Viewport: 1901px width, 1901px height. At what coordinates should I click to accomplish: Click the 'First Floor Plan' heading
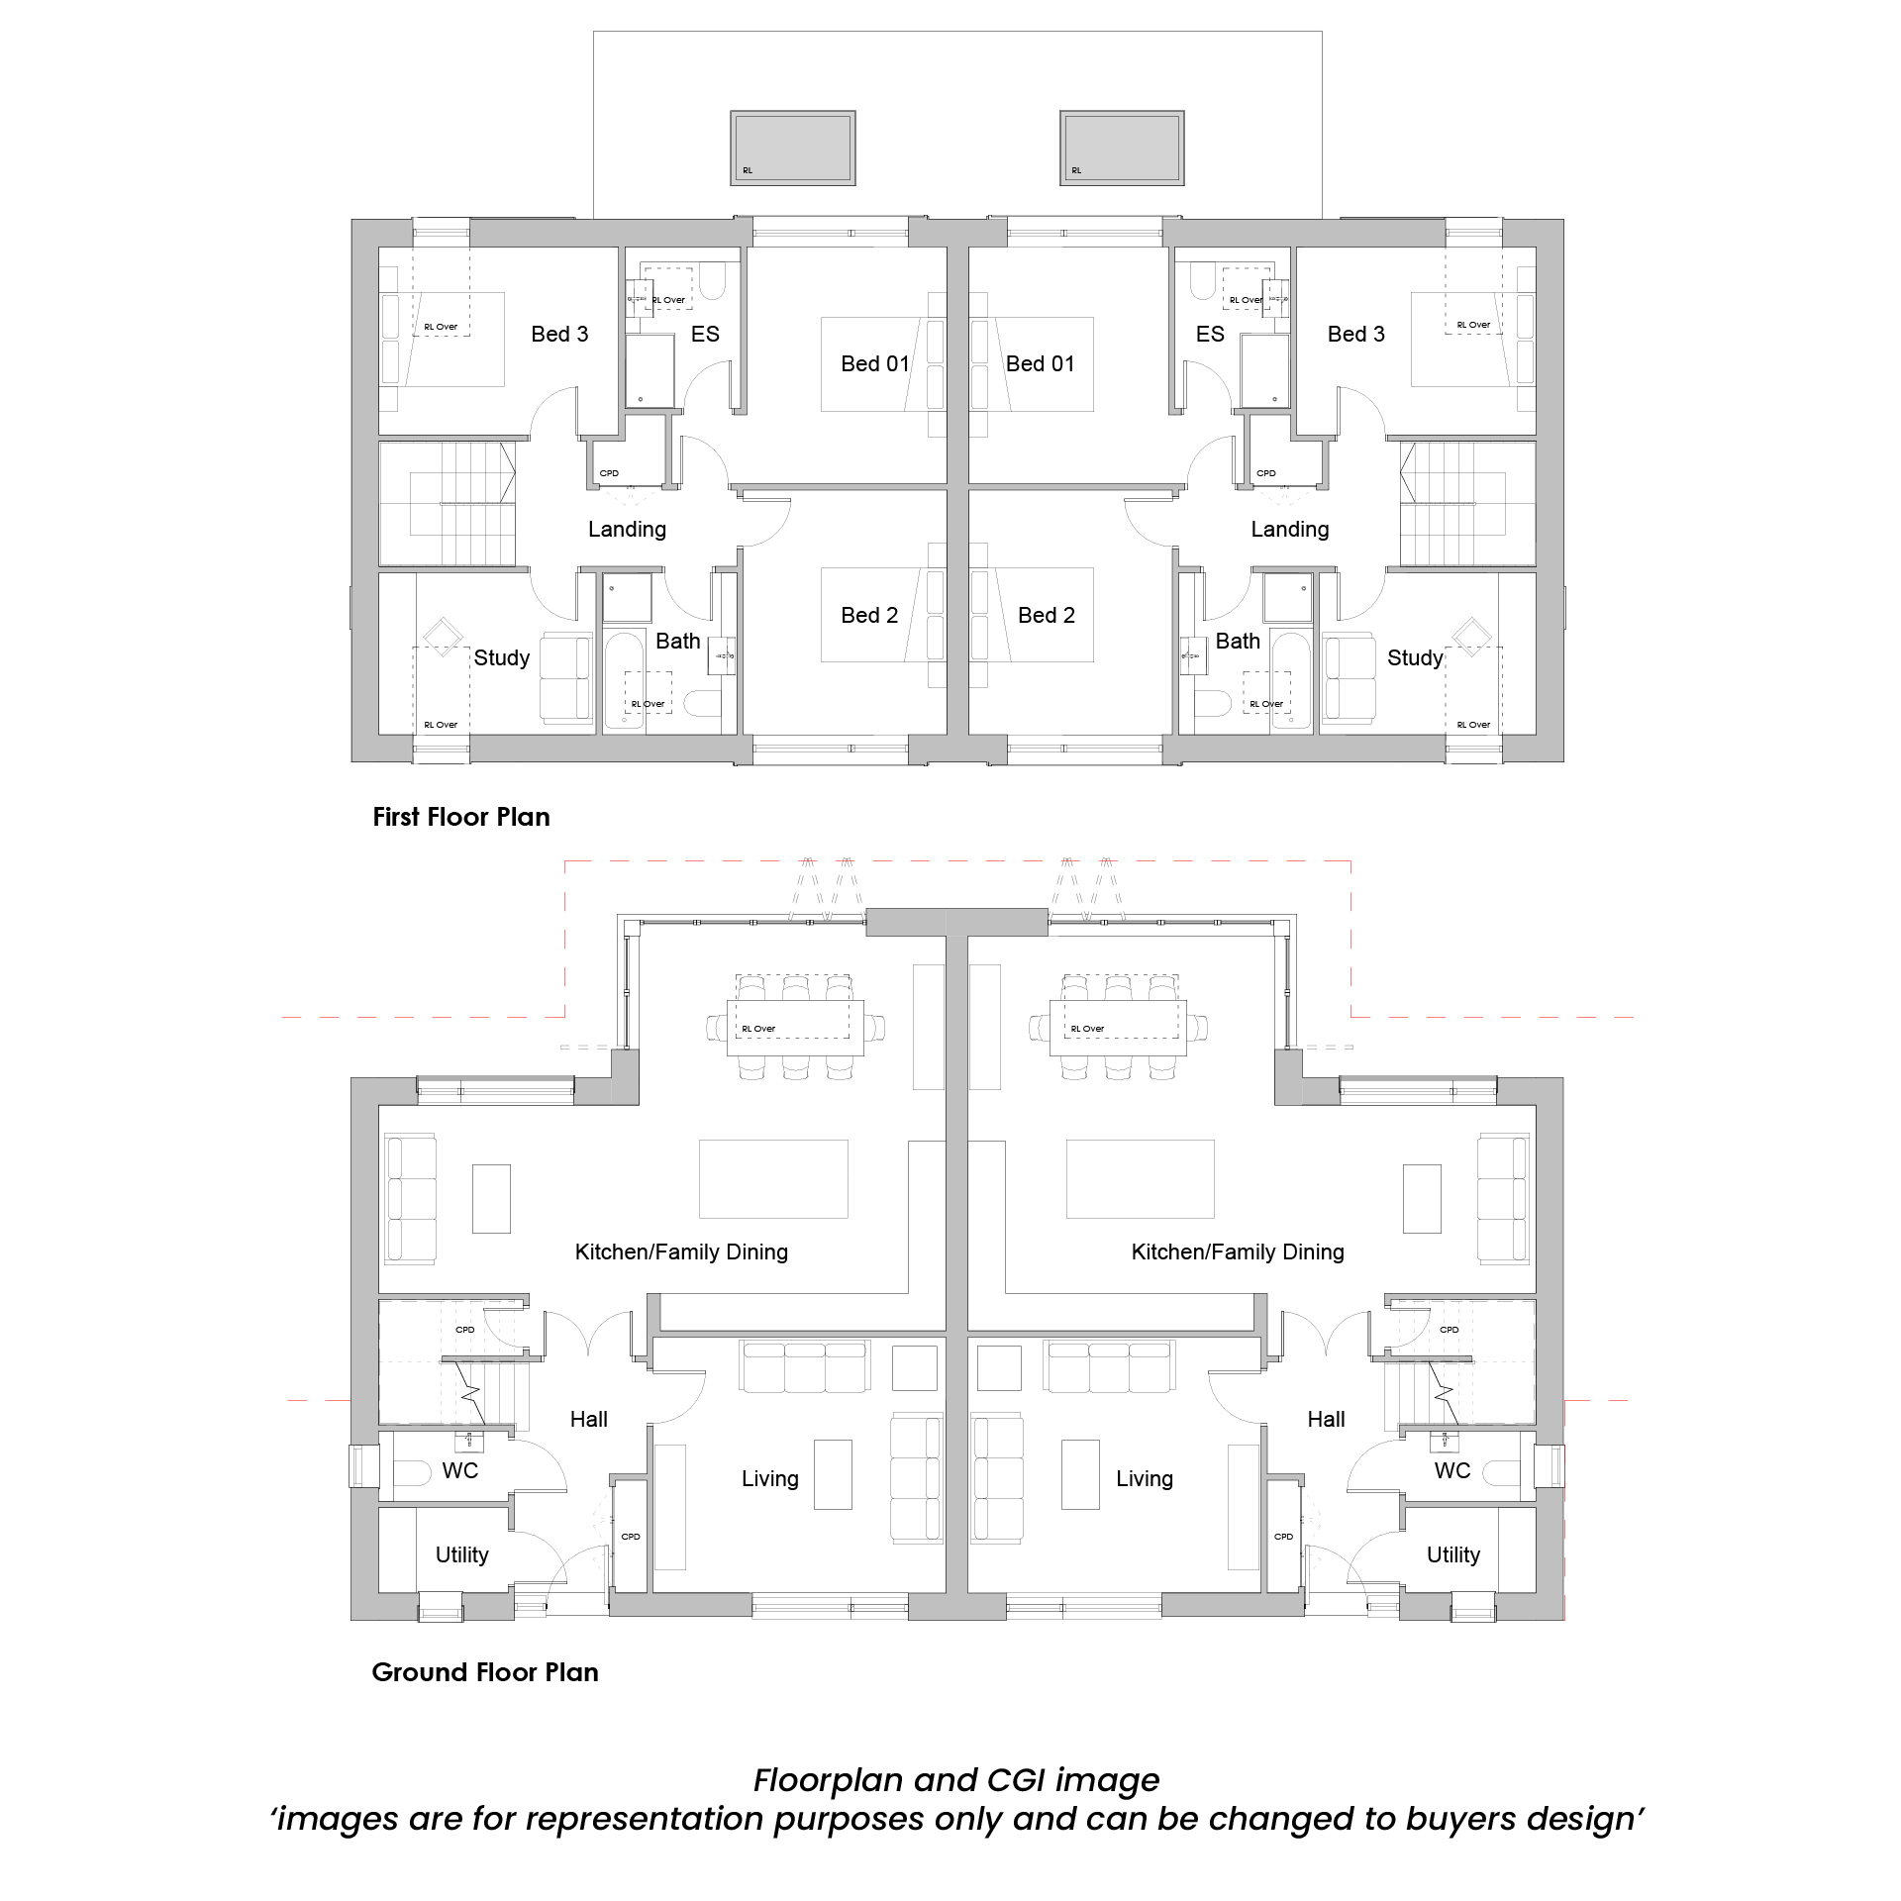(461, 817)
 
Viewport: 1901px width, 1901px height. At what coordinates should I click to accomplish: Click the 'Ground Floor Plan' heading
(485, 1672)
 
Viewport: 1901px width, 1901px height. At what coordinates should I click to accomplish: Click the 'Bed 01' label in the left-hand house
(875, 363)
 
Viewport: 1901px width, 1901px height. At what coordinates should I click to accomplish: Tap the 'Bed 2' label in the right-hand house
(1047, 615)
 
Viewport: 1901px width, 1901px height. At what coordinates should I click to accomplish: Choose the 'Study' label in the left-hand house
(502, 658)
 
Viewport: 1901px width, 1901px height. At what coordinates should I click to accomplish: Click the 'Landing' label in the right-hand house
(1290, 530)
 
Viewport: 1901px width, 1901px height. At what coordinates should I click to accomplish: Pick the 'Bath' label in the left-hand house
(678, 641)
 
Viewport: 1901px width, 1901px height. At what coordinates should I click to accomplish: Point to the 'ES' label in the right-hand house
(1210, 334)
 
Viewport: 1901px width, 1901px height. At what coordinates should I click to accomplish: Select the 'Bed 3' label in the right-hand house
(1356, 334)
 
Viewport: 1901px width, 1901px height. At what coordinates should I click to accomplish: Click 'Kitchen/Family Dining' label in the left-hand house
(682, 1251)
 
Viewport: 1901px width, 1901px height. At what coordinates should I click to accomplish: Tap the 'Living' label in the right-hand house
(1145, 1478)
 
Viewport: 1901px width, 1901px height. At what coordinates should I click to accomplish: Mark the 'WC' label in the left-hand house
(460, 1470)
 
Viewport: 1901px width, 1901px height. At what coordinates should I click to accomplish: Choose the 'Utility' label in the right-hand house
(1453, 1554)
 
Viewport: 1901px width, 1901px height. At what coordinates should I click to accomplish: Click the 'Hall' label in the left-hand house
(589, 1419)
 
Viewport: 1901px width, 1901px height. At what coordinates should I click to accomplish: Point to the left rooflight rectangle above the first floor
(793, 148)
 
